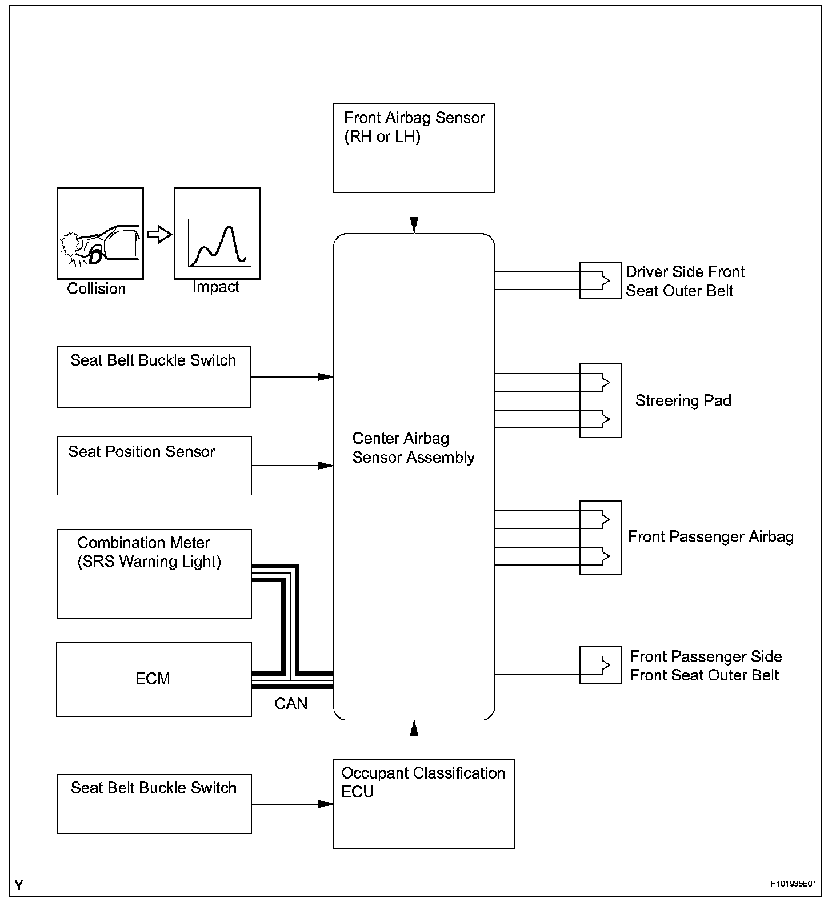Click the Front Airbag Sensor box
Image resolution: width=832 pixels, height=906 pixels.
pyautogui.click(x=414, y=148)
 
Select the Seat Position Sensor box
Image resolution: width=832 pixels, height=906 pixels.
pyautogui.click(x=154, y=466)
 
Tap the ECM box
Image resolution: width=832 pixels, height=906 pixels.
pyautogui.click(x=154, y=679)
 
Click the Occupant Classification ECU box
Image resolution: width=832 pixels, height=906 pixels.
pyautogui.click(x=423, y=803)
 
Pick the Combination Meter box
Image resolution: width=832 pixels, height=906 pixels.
pyautogui.click(x=154, y=574)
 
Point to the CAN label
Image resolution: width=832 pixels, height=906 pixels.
pyautogui.click(x=291, y=703)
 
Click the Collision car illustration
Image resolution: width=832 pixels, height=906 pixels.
pyautogui.click(x=100, y=234)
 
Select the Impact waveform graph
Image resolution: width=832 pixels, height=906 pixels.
pyautogui.click(x=217, y=234)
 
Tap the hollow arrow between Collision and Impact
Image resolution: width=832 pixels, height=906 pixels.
pyautogui.click(x=159, y=234)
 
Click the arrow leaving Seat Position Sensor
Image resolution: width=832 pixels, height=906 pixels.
pyautogui.click(x=292, y=466)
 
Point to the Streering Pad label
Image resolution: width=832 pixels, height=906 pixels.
pyautogui.click(x=683, y=400)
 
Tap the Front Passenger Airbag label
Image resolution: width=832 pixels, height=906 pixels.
pyautogui.click(x=710, y=537)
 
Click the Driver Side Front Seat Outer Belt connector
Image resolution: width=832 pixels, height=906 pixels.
pyautogui.click(x=600, y=280)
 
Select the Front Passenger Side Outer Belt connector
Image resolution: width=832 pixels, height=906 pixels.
pyautogui.click(x=600, y=665)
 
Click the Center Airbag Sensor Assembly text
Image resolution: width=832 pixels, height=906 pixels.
pyautogui.click(x=413, y=448)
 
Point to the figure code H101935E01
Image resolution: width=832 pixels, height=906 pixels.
pyautogui.click(x=792, y=884)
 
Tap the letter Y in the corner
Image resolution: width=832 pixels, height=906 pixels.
pyautogui.click(x=19, y=885)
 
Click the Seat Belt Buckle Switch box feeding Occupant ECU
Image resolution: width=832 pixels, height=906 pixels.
pyautogui.click(x=154, y=804)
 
